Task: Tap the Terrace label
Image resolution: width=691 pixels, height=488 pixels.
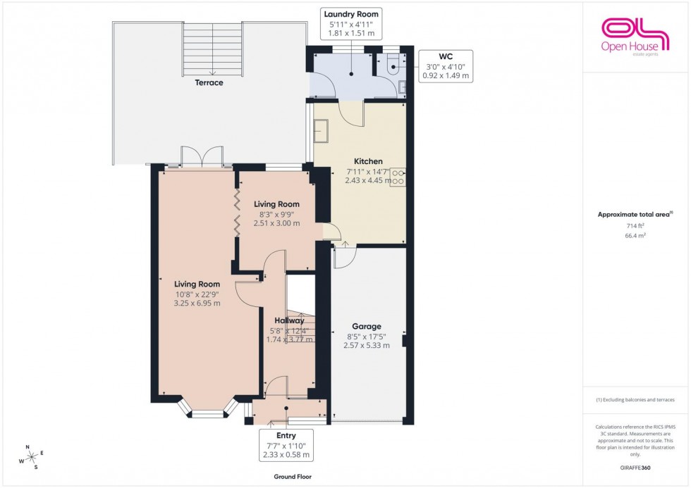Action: pos(209,83)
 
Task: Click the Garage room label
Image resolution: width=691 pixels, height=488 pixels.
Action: pos(367,327)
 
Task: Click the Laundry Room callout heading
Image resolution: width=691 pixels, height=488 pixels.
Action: pos(350,14)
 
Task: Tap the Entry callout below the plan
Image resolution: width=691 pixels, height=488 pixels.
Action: pos(286,446)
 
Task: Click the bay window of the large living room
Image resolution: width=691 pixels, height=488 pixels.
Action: pos(208,411)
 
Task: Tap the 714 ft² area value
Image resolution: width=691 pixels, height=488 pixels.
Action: pos(636,226)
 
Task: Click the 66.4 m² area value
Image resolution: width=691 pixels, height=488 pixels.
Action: pos(636,236)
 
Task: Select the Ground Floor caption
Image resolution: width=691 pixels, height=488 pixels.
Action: pos(293,477)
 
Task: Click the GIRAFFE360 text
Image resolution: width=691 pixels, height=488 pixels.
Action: pos(636,467)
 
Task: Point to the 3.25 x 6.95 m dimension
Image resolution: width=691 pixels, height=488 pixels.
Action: pos(197,304)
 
